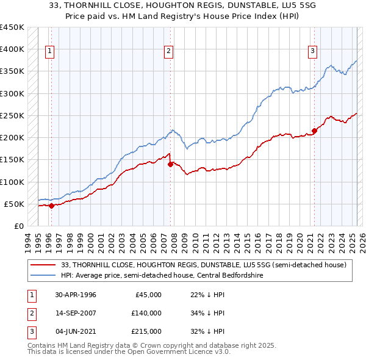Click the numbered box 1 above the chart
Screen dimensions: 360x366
(49, 51)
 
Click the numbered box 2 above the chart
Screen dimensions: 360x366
(168, 51)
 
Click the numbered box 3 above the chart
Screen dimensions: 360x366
(312, 51)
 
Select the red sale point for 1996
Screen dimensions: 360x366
(52, 206)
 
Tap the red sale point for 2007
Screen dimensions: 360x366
(171, 164)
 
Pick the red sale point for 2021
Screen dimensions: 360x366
(315, 131)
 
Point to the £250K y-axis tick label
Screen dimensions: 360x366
(12, 116)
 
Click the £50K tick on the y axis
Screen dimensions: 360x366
(14, 204)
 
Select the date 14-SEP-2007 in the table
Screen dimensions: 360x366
(75, 313)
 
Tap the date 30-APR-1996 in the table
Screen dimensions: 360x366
(75, 295)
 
